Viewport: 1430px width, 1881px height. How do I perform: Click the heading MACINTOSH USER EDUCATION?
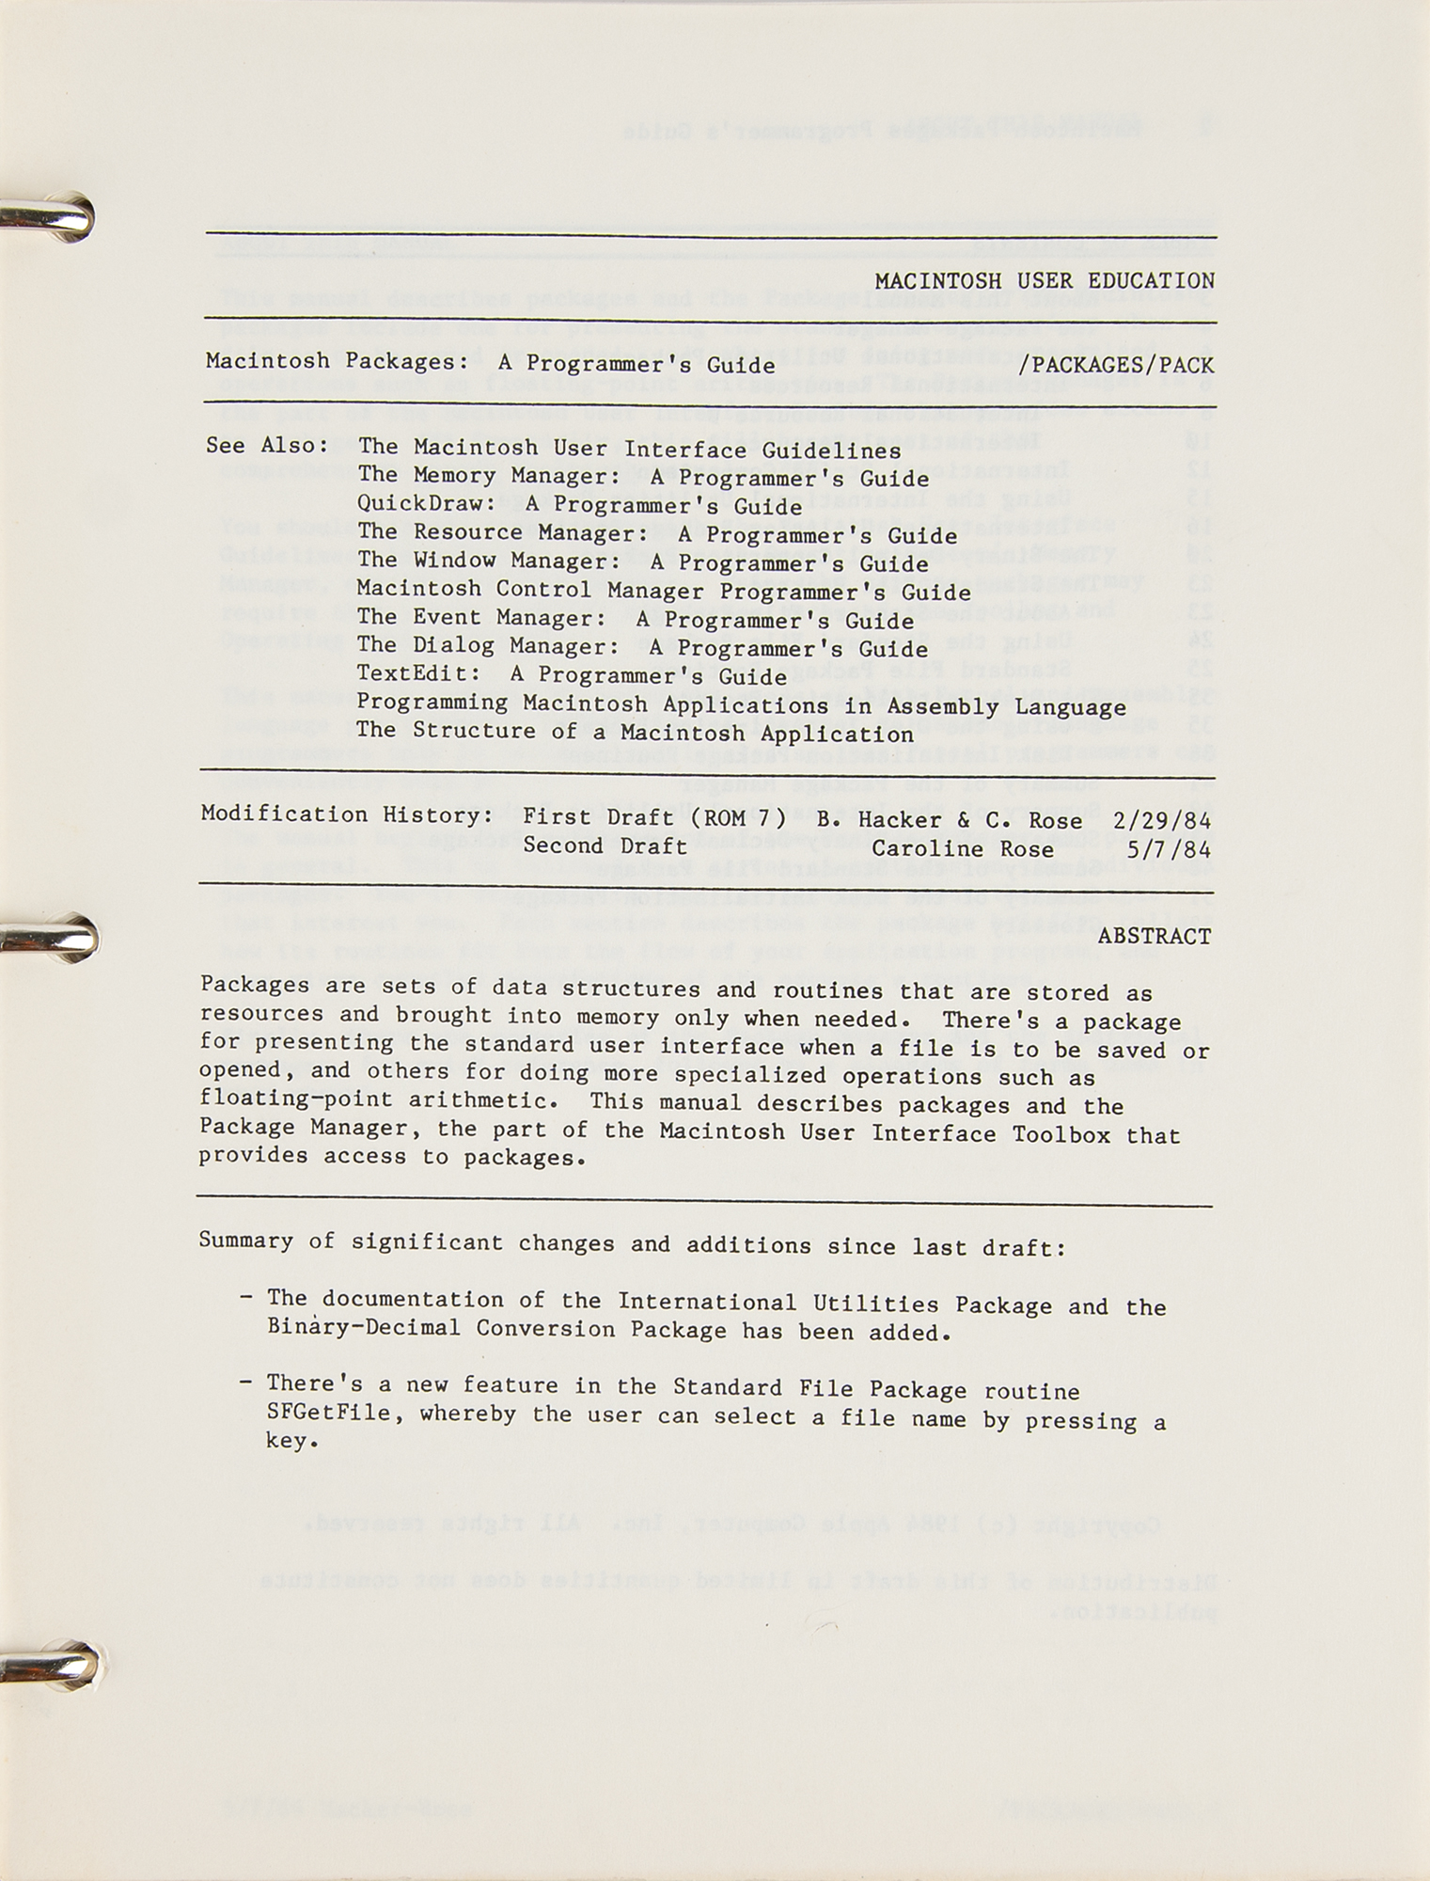[1044, 280]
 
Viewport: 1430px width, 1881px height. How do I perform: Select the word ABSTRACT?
[1154, 936]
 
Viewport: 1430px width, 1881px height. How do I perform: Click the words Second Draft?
[605, 846]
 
